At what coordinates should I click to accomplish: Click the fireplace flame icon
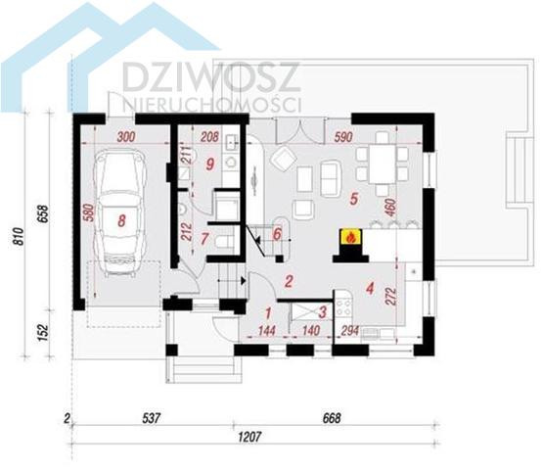(x=350, y=237)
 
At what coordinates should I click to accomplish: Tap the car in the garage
(x=118, y=212)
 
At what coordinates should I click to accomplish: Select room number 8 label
(x=121, y=220)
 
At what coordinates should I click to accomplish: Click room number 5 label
(x=353, y=199)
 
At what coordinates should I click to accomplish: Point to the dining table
(x=383, y=164)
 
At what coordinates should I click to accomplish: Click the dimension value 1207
(x=249, y=437)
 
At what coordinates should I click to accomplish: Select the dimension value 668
(x=332, y=418)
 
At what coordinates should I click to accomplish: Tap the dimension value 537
(x=152, y=418)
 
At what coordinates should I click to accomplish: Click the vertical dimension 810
(x=19, y=236)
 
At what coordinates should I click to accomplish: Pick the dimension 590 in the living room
(x=343, y=137)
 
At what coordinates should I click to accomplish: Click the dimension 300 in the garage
(x=126, y=137)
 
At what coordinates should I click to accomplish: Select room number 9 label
(x=209, y=164)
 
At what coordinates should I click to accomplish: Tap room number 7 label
(x=204, y=239)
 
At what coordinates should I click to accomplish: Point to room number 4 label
(x=370, y=288)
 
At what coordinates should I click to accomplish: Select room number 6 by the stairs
(x=277, y=234)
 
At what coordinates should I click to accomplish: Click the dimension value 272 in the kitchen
(x=392, y=297)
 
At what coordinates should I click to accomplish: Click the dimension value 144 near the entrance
(x=267, y=331)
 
